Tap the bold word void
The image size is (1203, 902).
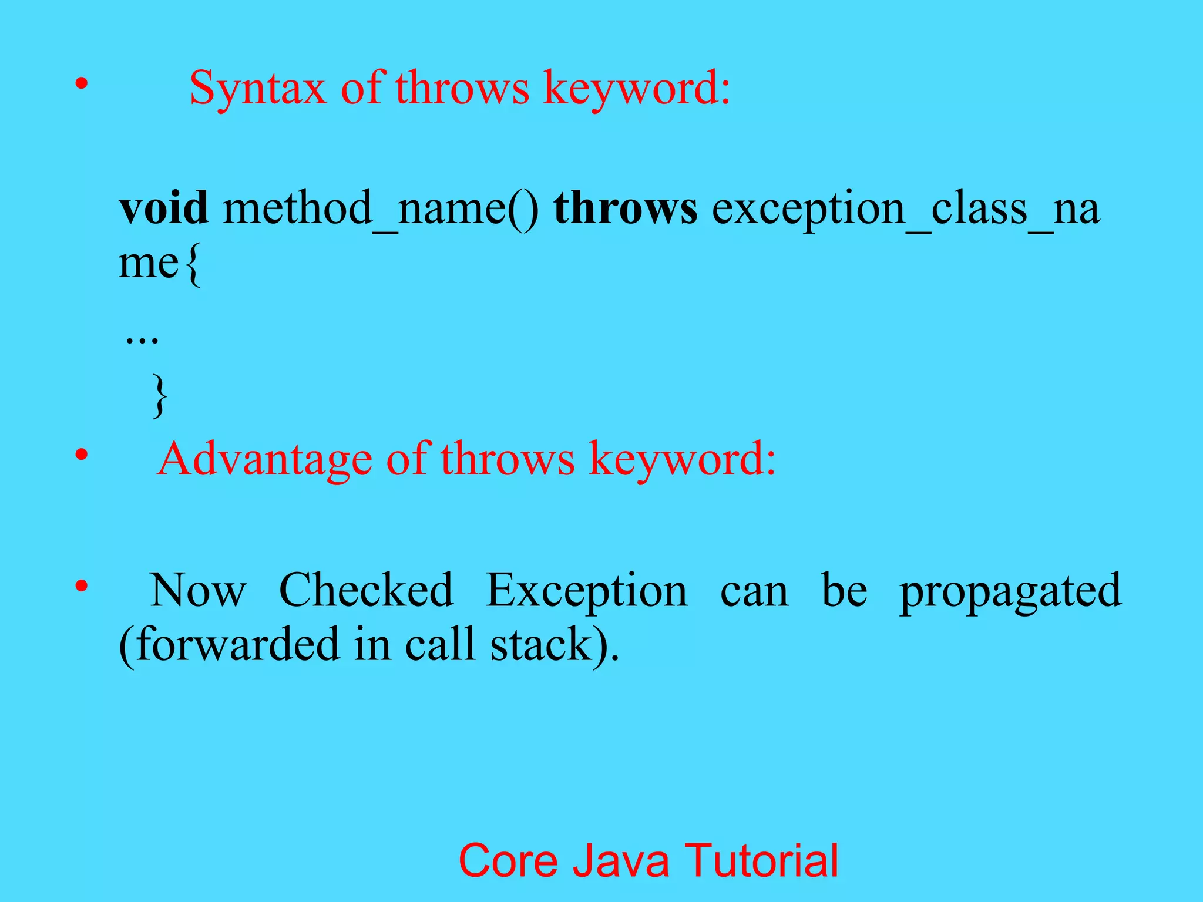pyautogui.click(x=164, y=208)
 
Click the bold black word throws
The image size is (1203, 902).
pyautogui.click(x=626, y=208)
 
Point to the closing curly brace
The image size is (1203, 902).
pyautogui.click(x=159, y=397)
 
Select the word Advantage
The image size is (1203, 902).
pyautogui.click(x=265, y=459)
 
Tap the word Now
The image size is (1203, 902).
pyautogui.click(x=198, y=591)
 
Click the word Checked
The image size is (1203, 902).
pyautogui.click(x=366, y=591)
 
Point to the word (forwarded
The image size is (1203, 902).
pyautogui.click(x=229, y=645)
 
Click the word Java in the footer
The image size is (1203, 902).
pyautogui.click(x=621, y=861)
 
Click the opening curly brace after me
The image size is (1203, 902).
pyautogui.click(x=193, y=265)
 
